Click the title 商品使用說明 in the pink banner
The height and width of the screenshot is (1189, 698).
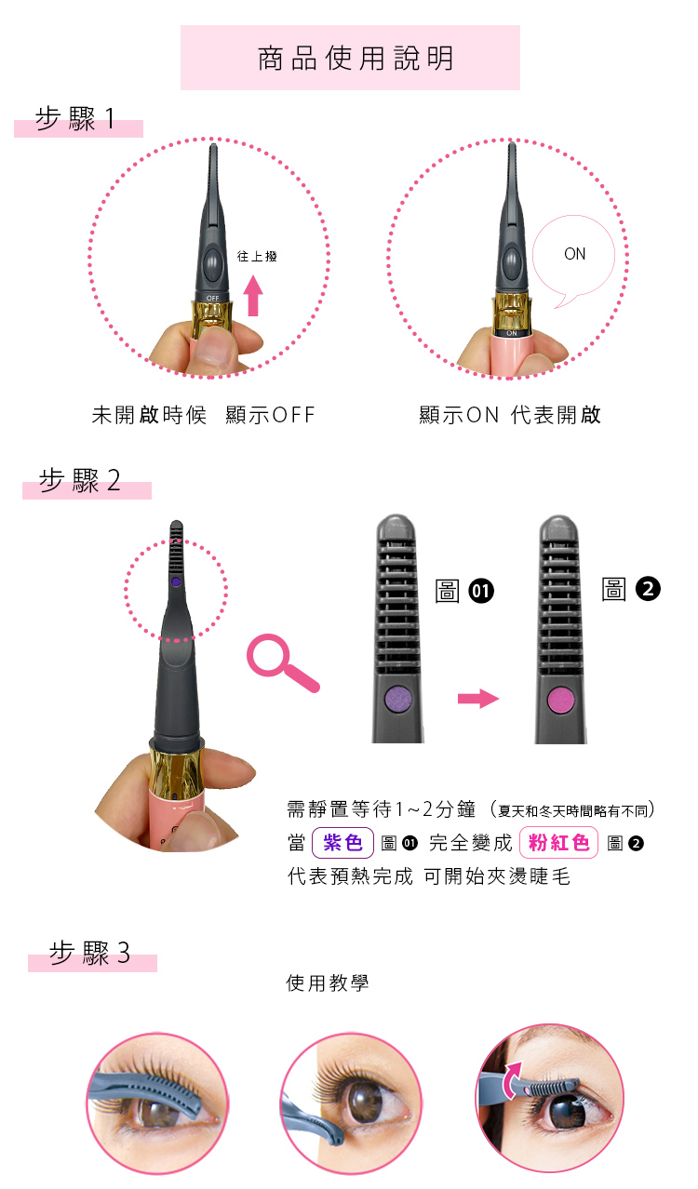coord(356,59)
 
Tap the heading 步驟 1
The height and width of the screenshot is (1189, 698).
coord(74,119)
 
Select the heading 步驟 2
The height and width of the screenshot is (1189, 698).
coord(80,480)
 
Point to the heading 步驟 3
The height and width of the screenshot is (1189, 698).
coord(89,953)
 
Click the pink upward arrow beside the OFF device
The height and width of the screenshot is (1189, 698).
coord(254,296)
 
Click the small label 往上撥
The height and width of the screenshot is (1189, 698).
coord(257,257)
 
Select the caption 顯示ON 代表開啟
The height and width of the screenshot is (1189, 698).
coord(510,415)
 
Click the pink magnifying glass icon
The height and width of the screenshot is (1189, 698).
coord(282,663)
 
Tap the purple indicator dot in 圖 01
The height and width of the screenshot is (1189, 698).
coord(398,699)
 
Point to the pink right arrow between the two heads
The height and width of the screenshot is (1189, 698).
coord(478,699)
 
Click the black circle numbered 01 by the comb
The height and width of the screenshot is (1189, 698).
coord(481,591)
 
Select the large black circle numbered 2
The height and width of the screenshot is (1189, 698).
coord(648,589)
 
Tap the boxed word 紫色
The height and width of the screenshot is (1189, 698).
coord(342,842)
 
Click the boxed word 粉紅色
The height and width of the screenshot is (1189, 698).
coord(559,842)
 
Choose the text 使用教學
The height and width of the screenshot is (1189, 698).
coord(327,983)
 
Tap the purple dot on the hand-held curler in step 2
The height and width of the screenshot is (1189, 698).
coord(176,581)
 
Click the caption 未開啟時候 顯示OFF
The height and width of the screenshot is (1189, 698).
coord(203,415)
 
